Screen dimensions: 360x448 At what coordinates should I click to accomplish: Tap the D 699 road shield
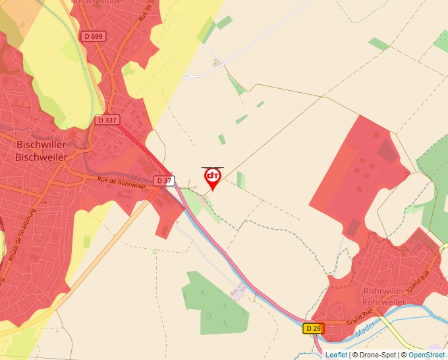click(93, 36)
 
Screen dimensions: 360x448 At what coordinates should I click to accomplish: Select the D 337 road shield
click(107, 120)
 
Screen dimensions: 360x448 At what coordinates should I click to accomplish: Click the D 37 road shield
click(164, 180)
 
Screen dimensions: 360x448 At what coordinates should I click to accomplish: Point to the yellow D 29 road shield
click(314, 328)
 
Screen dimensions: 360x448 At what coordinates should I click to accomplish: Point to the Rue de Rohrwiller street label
click(121, 182)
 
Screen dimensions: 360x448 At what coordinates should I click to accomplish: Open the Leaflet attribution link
click(336, 355)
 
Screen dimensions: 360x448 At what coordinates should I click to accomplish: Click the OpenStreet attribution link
click(426, 355)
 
